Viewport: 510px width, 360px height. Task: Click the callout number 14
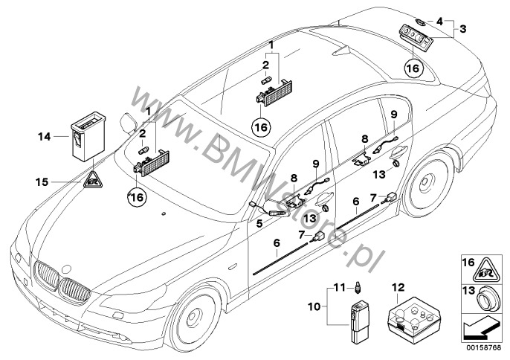point(44,136)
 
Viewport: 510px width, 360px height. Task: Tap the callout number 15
point(45,180)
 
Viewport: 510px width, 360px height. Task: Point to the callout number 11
point(337,287)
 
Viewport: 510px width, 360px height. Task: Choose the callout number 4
point(440,20)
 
